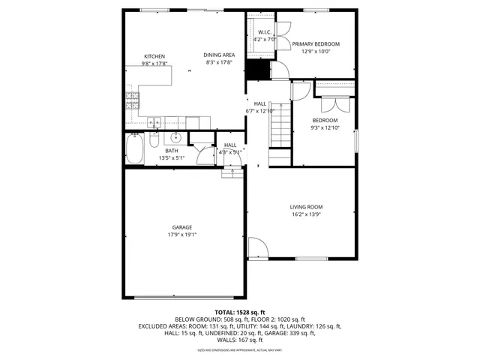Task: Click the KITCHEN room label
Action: (154, 56)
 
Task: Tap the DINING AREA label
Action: (219, 55)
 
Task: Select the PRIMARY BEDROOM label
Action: (316, 44)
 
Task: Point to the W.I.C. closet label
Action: (264, 33)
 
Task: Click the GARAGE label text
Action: (182, 227)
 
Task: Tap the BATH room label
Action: (172, 151)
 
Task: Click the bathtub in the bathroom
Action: (135, 148)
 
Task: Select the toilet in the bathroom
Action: (153, 140)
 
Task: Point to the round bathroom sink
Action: (176, 138)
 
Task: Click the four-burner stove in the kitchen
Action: (132, 97)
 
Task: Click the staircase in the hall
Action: (278, 127)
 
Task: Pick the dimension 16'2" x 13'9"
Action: (306, 214)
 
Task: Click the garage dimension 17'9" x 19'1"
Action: (182, 235)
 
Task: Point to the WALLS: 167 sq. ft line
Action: (240, 340)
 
